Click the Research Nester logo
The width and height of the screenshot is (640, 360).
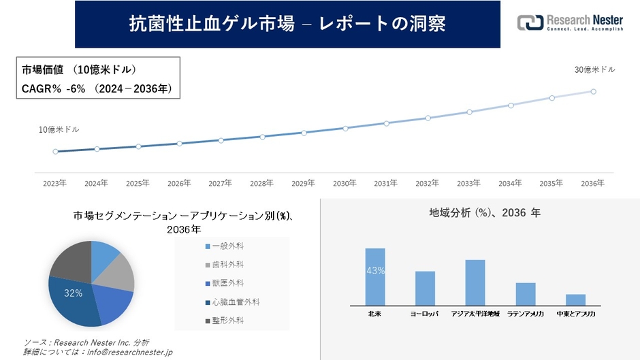click(570, 23)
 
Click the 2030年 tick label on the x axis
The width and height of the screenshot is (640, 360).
click(345, 183)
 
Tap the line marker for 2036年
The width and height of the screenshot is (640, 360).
click(594, 91)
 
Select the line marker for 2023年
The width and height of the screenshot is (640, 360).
click(55, 152)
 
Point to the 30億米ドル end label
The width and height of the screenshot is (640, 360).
click(594, 70)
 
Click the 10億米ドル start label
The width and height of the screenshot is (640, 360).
click(59, 129)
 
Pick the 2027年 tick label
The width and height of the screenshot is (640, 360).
click(221, 183)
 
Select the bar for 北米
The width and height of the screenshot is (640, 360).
click(375, 277)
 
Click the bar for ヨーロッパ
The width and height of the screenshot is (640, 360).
click(425, 289)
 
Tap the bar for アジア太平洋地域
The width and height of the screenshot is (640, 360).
click(475, 282)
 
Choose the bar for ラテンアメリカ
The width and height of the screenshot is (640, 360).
click(526, 294)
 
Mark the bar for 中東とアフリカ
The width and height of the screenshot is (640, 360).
click(575, 299)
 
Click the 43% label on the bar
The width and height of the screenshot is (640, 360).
click(375, 270)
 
